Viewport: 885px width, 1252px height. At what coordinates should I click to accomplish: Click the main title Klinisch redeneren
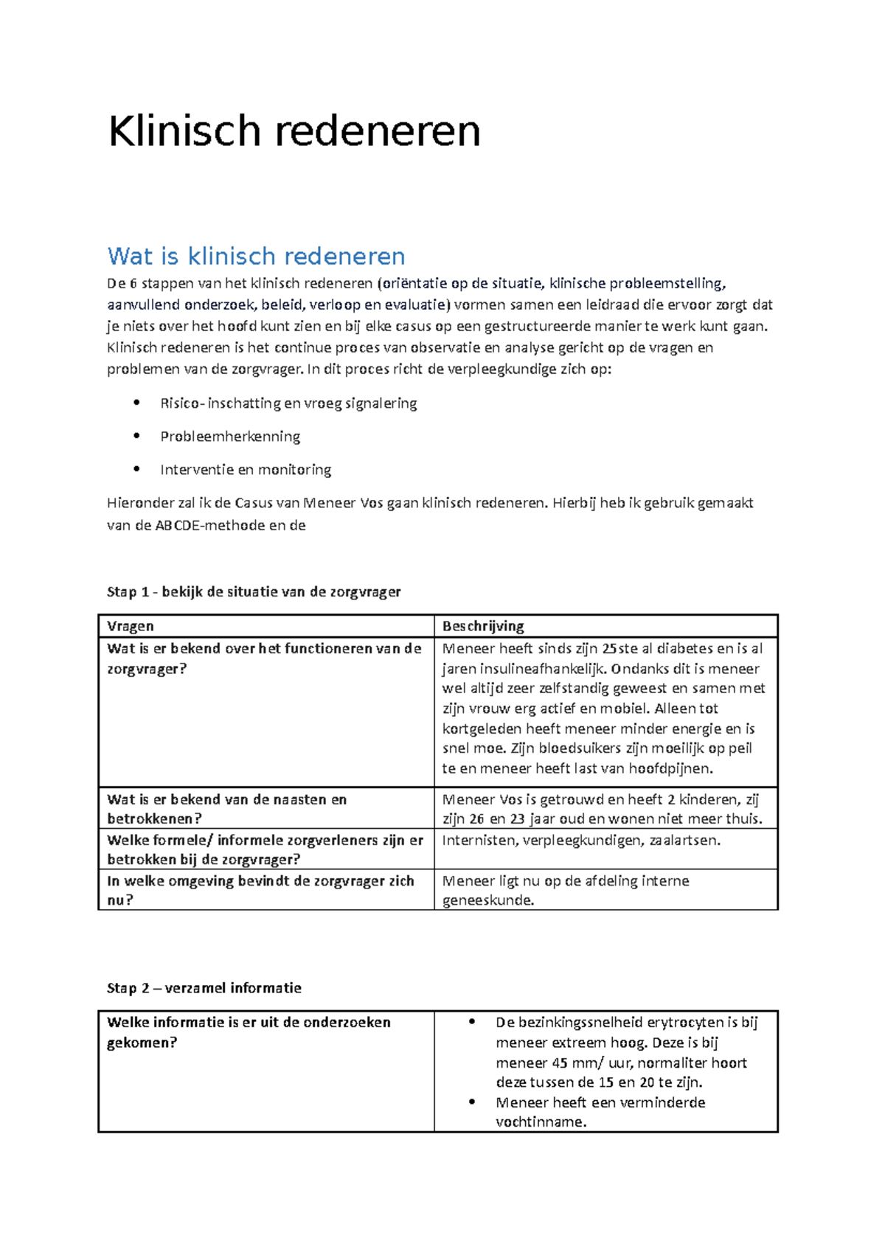[x=294, y=132]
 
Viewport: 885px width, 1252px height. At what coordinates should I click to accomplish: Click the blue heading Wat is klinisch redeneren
[x=256, y=257]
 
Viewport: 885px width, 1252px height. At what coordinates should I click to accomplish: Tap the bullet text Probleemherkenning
[x=230, y=437]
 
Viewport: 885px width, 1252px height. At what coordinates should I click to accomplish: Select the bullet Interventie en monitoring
[x=246, y=470]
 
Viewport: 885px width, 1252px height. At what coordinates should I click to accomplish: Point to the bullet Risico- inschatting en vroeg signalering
[x=288, y=403]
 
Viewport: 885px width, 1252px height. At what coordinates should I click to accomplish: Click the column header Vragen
[x=131, y=626]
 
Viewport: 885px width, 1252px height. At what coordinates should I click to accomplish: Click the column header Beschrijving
[x=483, y=626]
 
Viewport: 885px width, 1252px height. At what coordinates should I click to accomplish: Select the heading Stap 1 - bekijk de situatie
[x=254, y=591]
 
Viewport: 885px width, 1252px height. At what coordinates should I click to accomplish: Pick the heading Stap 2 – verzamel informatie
[x=204, y=988]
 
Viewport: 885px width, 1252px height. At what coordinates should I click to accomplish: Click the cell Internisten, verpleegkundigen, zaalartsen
[x=581, y=840]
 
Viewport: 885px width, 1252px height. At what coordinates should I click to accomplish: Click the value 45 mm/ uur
[x=581, y=1063]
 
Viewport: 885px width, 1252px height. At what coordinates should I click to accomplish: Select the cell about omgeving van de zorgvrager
[x=260, y=890]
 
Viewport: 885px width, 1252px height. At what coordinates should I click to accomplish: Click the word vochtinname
[x=541, y=1122]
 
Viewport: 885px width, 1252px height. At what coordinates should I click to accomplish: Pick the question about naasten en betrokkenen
[x=226, y=809]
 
